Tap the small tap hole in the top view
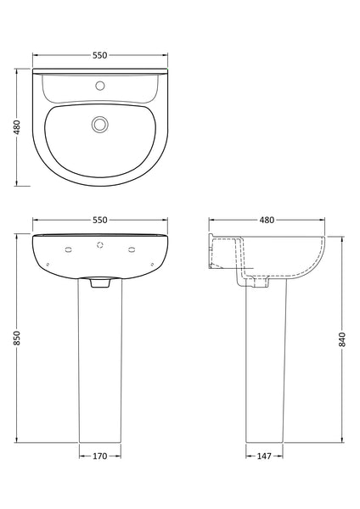pos(101,86)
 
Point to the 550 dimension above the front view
pos(100,220)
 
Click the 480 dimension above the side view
pos(266,220)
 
